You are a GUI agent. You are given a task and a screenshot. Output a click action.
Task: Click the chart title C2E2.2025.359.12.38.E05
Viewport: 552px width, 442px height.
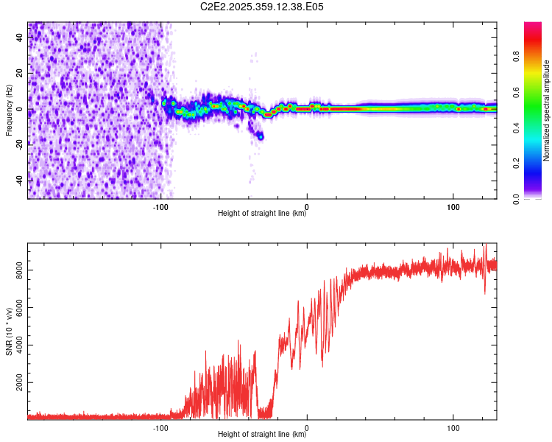pyautogui.click(x=263, y=7)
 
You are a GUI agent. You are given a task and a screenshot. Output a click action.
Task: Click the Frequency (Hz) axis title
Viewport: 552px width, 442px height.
pyautogui.click(x=9, y=110)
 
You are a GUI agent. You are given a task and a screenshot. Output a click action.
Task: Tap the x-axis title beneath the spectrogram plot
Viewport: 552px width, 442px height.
pyautogui.click(x=262, y=214)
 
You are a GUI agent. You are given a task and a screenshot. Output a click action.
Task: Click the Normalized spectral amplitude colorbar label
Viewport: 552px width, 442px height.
pyautogui.click(x=547, y=110)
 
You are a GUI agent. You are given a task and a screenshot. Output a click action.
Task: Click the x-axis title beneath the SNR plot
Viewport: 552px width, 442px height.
pyautogui.click(x=262, y=435)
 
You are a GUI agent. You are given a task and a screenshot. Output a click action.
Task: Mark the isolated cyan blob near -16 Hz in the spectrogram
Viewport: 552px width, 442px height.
pyautogui.click(x=260, y=136)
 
